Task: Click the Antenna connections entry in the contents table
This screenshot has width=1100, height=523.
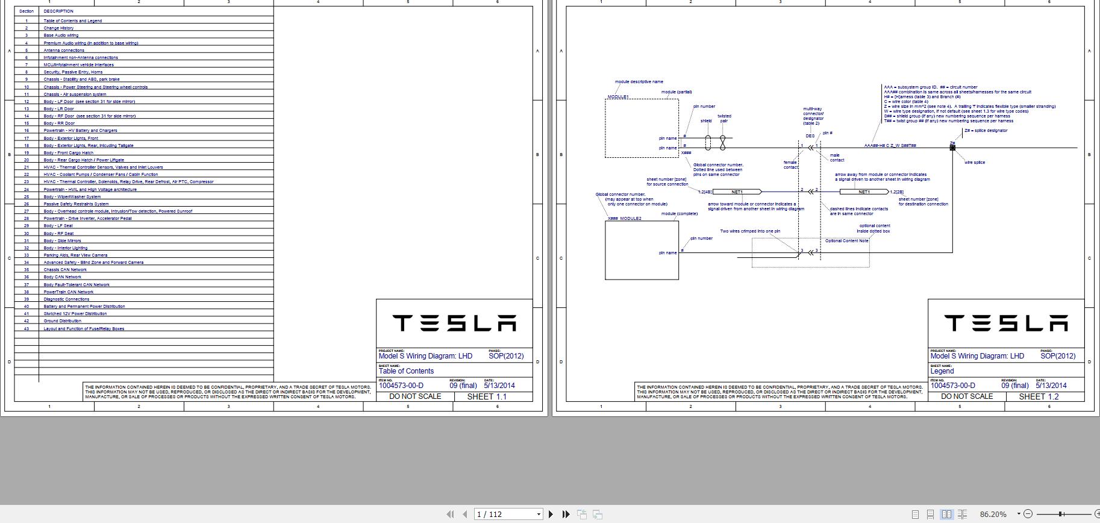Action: click(64, 50)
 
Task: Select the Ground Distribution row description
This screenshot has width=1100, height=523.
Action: click(62, 321)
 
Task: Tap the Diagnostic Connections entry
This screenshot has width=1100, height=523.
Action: click(66, 299)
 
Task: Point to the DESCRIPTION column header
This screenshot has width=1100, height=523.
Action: click(58, 11)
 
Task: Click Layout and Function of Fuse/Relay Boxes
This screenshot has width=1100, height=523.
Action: click(84, 328)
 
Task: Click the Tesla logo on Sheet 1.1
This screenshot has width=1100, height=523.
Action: click(454, 324)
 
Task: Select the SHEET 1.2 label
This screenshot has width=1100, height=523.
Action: click(1039, 396)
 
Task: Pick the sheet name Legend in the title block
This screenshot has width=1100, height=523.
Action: click(942, 371)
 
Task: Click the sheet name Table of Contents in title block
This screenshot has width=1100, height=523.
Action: click(406, 371)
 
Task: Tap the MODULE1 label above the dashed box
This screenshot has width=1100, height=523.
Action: click(618, 97)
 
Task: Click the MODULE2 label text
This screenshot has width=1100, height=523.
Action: click(631, 219)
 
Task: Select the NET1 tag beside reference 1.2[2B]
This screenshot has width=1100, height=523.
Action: click(864, 192)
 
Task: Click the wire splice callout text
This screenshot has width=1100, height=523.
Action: click(975, 163)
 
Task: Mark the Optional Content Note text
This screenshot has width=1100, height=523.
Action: click(846, 241)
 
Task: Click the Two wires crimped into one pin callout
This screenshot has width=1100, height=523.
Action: click(750, 231)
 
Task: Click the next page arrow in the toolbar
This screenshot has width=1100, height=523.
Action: click(551, 514)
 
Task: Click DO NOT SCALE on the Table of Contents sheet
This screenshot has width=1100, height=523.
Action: click(415, 396)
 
